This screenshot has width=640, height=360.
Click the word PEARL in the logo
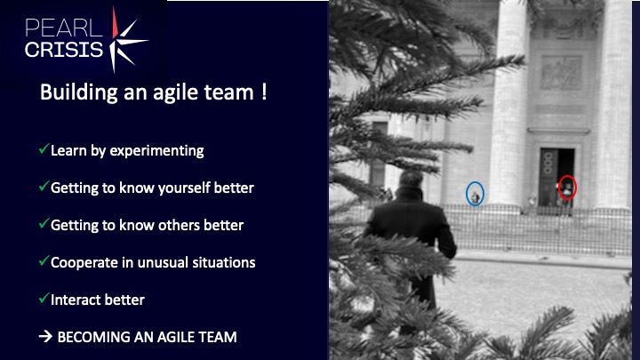(63, 28)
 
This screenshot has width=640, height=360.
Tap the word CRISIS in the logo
(64, 50)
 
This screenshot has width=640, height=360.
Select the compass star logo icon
(127, 40)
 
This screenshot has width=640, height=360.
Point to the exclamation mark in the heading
(265, 92)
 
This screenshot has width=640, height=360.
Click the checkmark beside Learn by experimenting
(44, 149)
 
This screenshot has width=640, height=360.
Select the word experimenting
(156, 151)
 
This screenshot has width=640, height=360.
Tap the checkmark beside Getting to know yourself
(44, 186)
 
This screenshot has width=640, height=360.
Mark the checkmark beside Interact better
(44, 298)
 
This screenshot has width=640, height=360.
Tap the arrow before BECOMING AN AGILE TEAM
(45, 336)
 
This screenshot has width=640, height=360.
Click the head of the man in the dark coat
(411, 180)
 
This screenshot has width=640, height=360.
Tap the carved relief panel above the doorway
(561, 73)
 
